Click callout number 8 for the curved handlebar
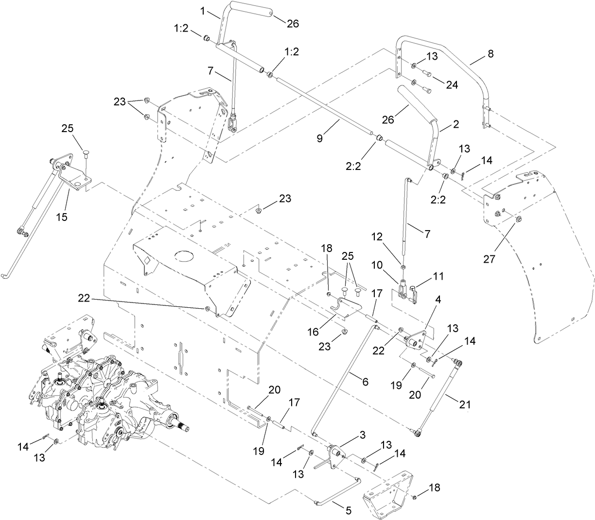[490, 54]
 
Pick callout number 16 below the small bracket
[314, 332]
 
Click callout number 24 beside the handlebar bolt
[452, 84]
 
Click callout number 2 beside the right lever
[455, 124]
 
